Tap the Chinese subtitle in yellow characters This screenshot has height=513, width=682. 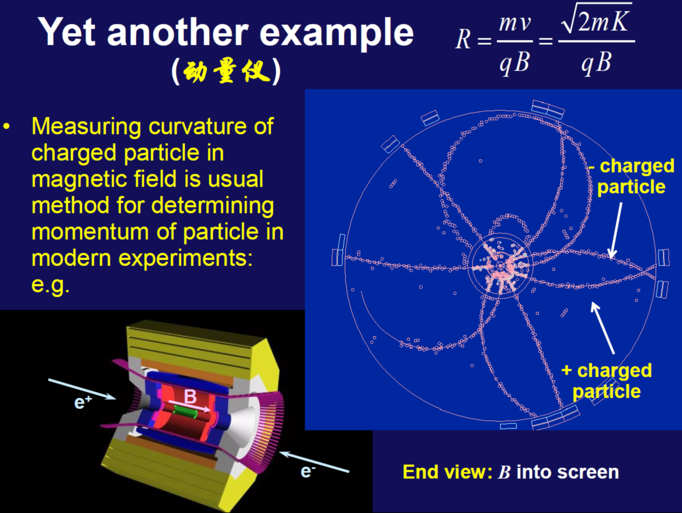pos(226,71)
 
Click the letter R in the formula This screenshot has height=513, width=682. pos(463,39)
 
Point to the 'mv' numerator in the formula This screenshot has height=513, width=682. pos(515,23)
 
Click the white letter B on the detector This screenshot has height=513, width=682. pos(190,397)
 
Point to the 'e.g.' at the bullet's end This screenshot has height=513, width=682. pos(51,285)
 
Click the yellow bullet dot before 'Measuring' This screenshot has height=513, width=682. pos(6,126)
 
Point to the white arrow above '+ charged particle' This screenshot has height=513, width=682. pos(603,328)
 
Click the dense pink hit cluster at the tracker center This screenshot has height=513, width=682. pos(501,266)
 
